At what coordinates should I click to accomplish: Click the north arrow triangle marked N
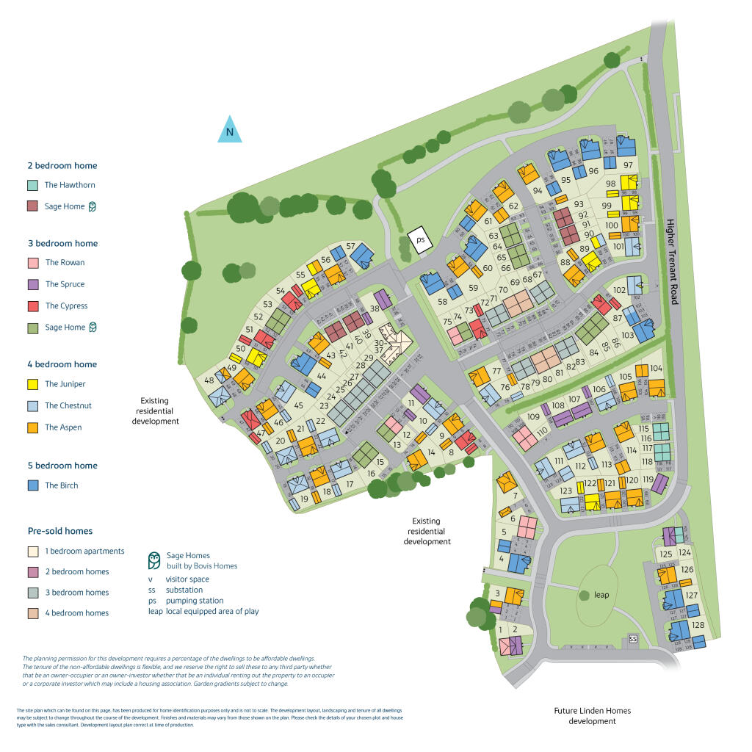[229, 131]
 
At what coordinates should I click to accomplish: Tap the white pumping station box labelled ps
[420, 241]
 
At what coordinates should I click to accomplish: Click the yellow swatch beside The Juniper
[32, 384]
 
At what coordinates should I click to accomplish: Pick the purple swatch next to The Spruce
[32, 284]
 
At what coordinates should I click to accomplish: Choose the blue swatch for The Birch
[32, 485]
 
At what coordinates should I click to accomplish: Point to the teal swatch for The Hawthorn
[32, 185]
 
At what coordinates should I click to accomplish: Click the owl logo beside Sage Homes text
[154, 561]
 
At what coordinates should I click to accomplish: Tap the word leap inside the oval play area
[601, 595]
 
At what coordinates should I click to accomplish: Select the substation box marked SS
[633, 640]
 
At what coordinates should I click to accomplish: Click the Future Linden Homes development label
[592, 716]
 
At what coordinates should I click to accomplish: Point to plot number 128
[698, 626]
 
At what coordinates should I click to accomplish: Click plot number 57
[351, 247]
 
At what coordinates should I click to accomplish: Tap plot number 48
[209, 380]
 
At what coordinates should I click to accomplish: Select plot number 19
[304, 499]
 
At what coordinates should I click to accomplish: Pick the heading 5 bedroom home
[62, 466]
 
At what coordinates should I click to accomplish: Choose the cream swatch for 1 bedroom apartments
[32, 551]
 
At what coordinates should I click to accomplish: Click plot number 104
[656, 368]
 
